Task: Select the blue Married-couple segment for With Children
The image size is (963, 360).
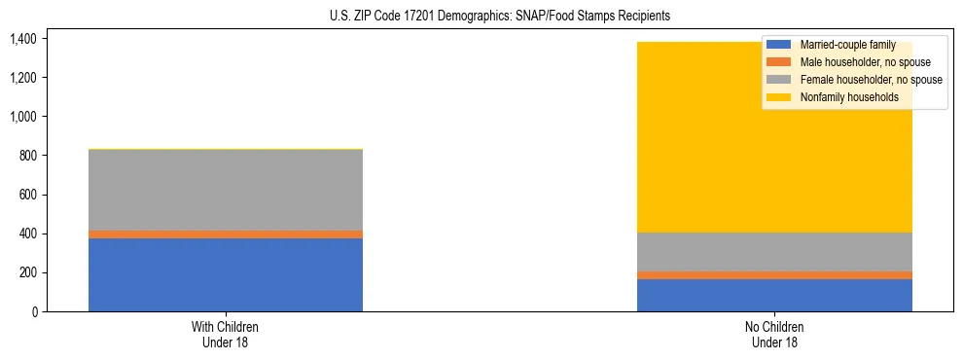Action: click(x=226, y=274)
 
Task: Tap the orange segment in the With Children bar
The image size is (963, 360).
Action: click(x=226, y=234)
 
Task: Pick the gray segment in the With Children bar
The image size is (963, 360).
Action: click(x=226, y=190)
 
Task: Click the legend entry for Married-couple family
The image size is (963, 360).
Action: click(x=845, y=45)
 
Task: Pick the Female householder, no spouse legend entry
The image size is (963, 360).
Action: click(x=870, y=80)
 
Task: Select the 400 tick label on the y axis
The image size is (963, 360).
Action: click(x=27, y=234)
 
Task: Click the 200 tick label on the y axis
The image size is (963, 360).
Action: click(x=27, y=272)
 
